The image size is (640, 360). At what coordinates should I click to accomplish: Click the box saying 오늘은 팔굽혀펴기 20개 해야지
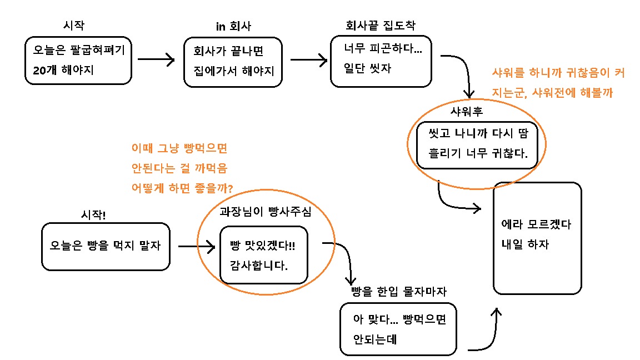coord(78,61)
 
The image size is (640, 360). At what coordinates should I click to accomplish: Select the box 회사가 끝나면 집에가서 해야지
coord(233,61)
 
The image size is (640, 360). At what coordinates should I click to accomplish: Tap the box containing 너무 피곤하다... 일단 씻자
coord(381,61)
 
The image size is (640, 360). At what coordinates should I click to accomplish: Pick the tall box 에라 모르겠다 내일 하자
coord(537,238)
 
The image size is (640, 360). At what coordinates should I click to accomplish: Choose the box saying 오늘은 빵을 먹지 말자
coord(105,246)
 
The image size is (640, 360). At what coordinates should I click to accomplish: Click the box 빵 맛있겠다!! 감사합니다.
coord(263,254)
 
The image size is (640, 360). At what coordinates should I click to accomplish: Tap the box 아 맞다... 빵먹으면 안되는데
coord(398,329)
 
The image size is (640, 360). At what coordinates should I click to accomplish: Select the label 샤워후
coord(467,111)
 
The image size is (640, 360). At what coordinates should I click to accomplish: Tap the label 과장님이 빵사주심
coord(266,212)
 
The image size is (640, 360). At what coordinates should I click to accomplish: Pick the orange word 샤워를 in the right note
coord(507,72)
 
